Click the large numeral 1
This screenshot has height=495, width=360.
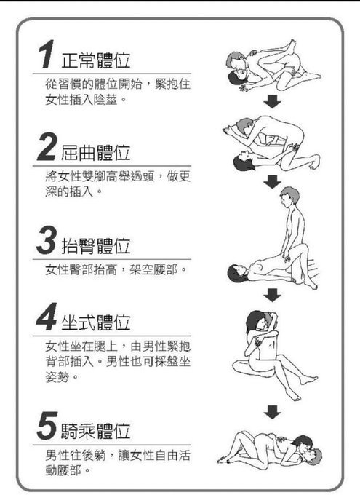pos(46,54)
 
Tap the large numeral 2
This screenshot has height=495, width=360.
pos(47,147)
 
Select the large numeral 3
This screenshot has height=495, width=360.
pos(47,240)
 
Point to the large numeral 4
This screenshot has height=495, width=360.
pos(47,317)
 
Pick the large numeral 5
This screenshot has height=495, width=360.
pos(47,426)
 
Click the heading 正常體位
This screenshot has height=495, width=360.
pos(95,60)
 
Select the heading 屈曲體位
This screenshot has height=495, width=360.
pos(95,153)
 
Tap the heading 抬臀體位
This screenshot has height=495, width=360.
pos(95,246)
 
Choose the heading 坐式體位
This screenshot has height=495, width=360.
pos(95,322)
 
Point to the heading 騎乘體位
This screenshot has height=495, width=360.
pos(95,431)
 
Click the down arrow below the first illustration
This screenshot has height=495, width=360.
pos(272,101)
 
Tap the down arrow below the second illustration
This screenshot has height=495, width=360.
pos(272,182)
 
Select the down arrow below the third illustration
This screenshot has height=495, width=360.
pos(272,295)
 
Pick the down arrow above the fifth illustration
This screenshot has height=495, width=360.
pos(272,412)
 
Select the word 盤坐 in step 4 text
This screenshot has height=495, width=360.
pos(178,362)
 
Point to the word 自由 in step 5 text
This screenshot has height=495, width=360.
pos(166,455)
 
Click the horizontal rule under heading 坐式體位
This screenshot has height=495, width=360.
pos(112,336)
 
